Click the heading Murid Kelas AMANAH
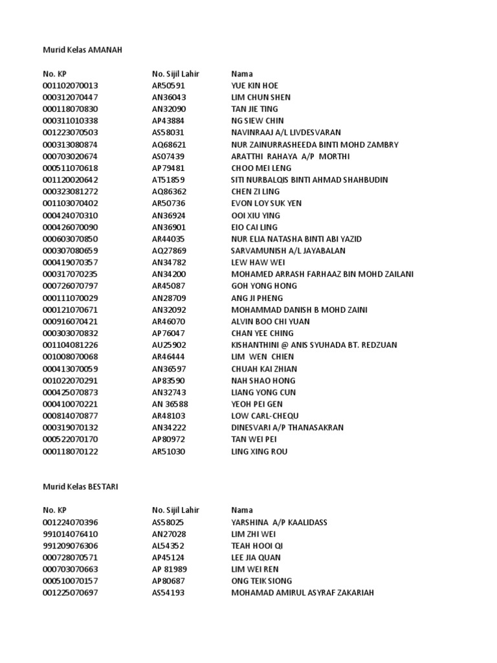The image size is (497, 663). (x=82, y=50)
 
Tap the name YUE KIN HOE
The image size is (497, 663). (x=254, y=85)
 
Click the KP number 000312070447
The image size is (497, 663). (x=71, y=97)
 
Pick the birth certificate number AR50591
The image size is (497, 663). (x=168, y=85)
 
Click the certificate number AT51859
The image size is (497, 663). (x=168, y=179)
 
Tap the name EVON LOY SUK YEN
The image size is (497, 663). (x=266, y=203)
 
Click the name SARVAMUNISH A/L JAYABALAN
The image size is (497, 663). (x=288, y=251)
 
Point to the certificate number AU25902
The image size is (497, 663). (x=169, y=345)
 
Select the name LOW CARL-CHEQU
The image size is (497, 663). (x=265, y=416)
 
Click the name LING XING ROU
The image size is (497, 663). (x=259, y=451)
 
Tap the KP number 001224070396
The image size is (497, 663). (x=71, y=522)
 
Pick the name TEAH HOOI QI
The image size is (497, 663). (x=257, y=546)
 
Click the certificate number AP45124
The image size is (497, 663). (x=168, y=557)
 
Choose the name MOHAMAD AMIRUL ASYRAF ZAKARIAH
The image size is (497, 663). (x=302, y=592)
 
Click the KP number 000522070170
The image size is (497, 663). (x=71, y=440)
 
